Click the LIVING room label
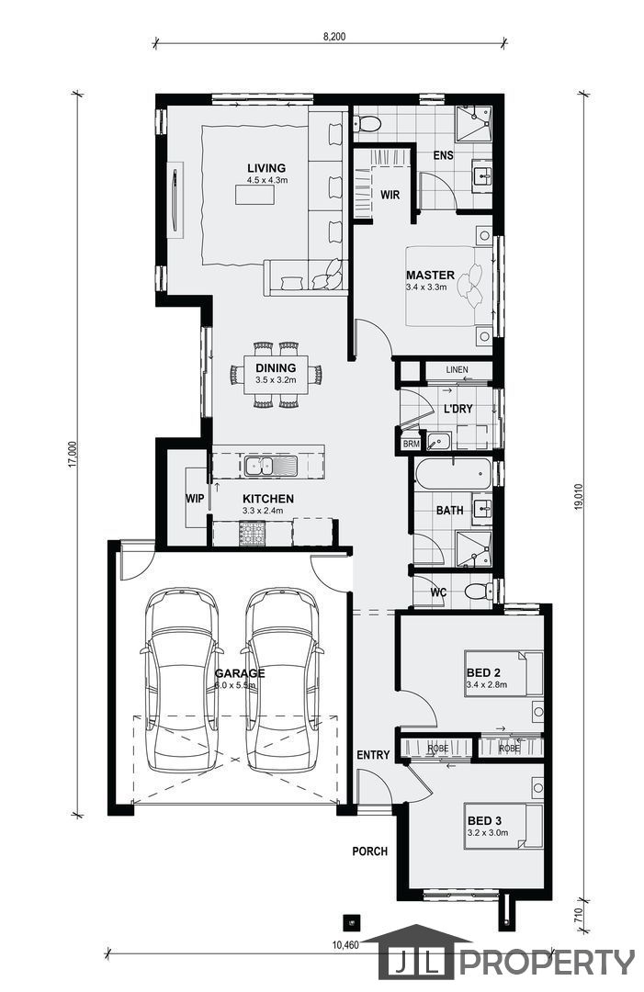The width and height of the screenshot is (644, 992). tap(266, 168)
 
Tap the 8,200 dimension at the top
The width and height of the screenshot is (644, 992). tap(334, 37)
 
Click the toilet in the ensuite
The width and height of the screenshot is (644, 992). tap(367, 123)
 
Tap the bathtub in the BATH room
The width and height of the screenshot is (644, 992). tap(453, 474)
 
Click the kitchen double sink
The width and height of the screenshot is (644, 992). tap(271, 467)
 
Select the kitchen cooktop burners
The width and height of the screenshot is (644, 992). tap(252, 533)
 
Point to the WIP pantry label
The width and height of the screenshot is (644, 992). tap(195, 499)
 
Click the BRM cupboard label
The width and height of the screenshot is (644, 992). tap(412, 445)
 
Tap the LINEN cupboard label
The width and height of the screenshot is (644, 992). tap(457, 369)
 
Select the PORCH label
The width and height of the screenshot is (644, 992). tap(370, 851)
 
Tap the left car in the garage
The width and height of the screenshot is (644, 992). tap(182, 679)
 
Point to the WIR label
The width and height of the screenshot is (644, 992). tap(390, 195)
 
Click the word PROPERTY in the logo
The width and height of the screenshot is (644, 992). tap(547, 963)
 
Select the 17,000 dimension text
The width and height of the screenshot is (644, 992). tap(73, 455)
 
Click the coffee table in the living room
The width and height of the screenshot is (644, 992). tap(255, 195)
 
